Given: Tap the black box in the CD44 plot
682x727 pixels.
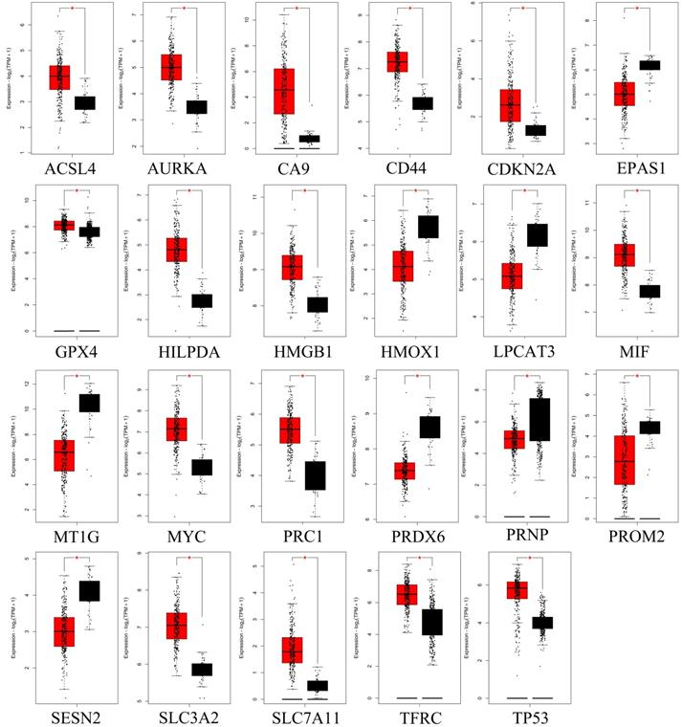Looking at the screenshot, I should pyautogui.click(x=422, y=102).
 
